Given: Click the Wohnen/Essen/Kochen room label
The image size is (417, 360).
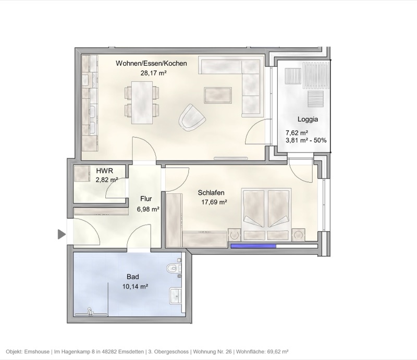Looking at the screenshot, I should pyautogui.click(x=151, y=64).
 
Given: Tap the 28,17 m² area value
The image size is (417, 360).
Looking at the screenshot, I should pyautogui.click(x=153, y=73).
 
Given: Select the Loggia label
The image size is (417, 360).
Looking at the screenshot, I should pyautogui.click(x=308, y=119).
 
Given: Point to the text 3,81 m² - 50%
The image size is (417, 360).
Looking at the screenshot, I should pyautogui.click(x=306, y=140).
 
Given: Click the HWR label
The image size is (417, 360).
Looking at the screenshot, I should pyautogui.click(x=104, y=170).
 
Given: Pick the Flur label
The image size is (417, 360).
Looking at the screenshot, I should pyautogui.click(x=145, y=198).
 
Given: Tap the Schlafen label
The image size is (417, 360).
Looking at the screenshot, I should pyautogui.click(x=211, y=192).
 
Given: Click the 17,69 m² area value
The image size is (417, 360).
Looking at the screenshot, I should pyautogui.click(x=214, y=202).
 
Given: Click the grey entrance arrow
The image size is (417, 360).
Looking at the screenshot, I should pyautogui.click(x=62, y=234).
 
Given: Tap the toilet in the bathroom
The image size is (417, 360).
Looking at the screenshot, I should pyautogui.click(x=173, y=269).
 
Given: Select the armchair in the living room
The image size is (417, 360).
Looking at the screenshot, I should pyautogui.click(x=192, y=117).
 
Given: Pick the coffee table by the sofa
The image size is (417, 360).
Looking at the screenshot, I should pyautogui.click(x=218, y=95).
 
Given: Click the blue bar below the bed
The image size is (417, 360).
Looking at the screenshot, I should pyautogui.click(x=254, y=246).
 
